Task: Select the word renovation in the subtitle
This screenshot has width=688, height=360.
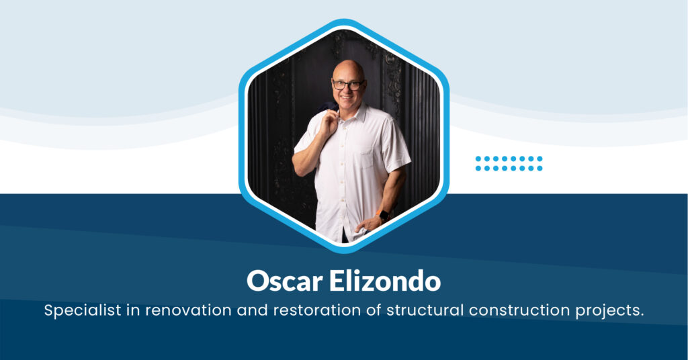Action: click(181, 311)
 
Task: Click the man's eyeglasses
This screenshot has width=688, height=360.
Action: click(348, 85)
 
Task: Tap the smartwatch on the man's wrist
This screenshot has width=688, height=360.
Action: click(384, 216)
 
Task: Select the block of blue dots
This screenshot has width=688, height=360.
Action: click(509, 163)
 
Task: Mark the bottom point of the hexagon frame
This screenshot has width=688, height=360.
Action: click(343, 251)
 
